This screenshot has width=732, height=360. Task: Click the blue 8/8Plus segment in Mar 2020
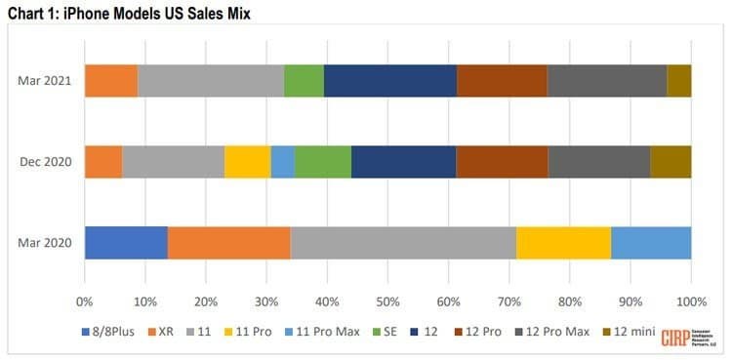tap(126, 243)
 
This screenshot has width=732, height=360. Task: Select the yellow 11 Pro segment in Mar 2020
tap(563, 243)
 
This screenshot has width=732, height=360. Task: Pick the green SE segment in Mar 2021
tap(304, 81)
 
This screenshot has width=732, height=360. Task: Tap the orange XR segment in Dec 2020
tap(103, 162)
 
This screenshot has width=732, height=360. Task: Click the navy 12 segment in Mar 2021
tap(390, 81)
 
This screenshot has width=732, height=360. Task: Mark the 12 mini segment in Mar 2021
tap(679, 81)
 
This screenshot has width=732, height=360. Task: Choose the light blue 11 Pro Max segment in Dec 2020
tap(282, 162)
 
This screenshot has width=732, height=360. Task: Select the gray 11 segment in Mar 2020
tap(403, 243)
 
